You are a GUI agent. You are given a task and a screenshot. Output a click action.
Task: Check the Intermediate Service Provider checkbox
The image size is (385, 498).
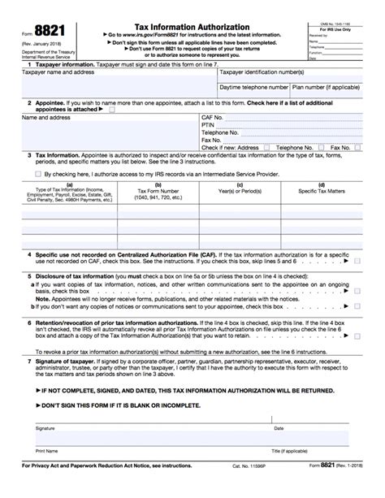coord(37,174)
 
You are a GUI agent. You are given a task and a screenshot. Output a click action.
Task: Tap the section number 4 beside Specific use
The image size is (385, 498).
coord(29,255)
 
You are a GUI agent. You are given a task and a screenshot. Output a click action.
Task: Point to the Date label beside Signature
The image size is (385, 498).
coord(279,428)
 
